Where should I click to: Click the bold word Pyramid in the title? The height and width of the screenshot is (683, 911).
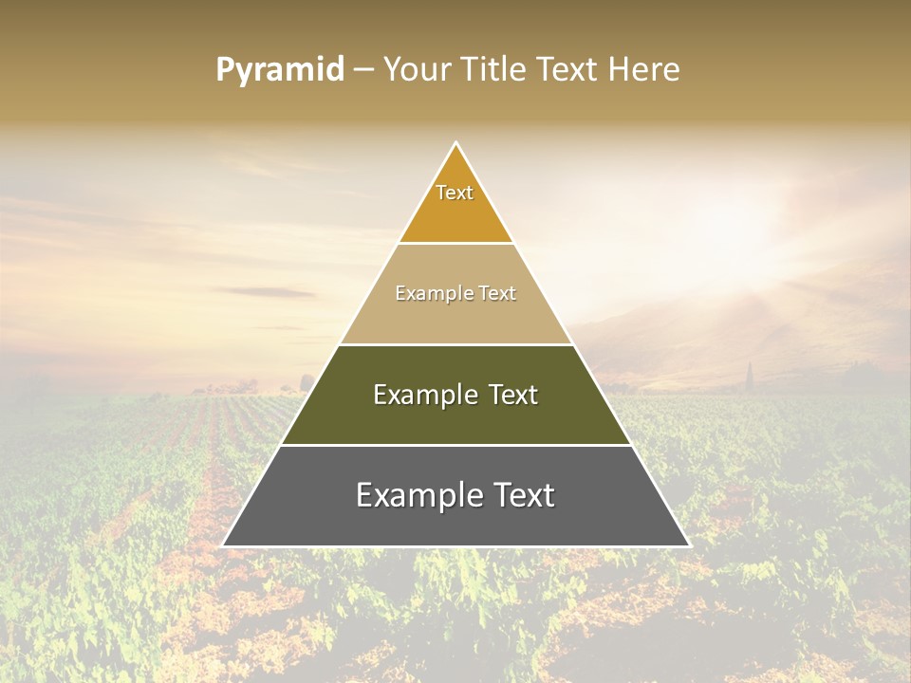click(x=280, y=69)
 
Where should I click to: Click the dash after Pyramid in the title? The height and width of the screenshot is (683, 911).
click(x=363, y=70)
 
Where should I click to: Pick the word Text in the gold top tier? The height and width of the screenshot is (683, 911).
click(x=455, y=193)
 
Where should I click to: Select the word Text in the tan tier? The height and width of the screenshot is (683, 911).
click(x=496, y=293)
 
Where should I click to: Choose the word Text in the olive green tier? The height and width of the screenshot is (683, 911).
click(x=512, y=395)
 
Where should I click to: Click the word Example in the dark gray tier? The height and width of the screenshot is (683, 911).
click(x=415, y=495)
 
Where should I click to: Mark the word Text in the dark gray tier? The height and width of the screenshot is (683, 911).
click(x=525, y=495)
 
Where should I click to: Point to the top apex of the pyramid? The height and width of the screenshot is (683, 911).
click(x=455, y=143)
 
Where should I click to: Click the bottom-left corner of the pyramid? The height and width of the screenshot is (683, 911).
click(x=223, y=545)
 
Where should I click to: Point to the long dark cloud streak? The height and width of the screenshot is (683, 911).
click(x=264, y=291)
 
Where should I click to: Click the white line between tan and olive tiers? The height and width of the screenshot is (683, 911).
click(x=455, y=344)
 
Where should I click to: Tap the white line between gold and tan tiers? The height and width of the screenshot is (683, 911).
click(x=455, y=243)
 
